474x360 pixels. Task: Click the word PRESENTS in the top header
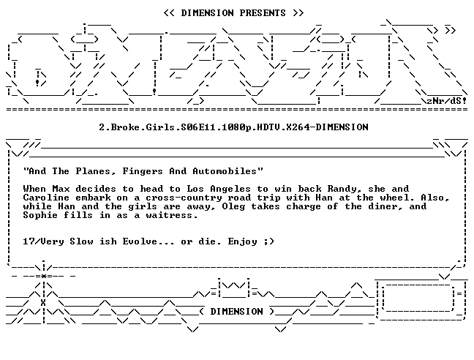263,13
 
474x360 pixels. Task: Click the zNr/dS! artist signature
446,100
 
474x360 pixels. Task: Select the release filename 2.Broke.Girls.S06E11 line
233,127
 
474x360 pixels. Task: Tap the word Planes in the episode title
96,171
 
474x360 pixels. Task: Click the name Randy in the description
344,189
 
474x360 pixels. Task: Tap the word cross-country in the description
184,198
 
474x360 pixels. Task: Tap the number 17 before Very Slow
29,241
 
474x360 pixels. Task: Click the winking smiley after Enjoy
268,241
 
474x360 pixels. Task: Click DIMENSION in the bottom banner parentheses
236,312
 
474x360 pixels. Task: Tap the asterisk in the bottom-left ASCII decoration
44,276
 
